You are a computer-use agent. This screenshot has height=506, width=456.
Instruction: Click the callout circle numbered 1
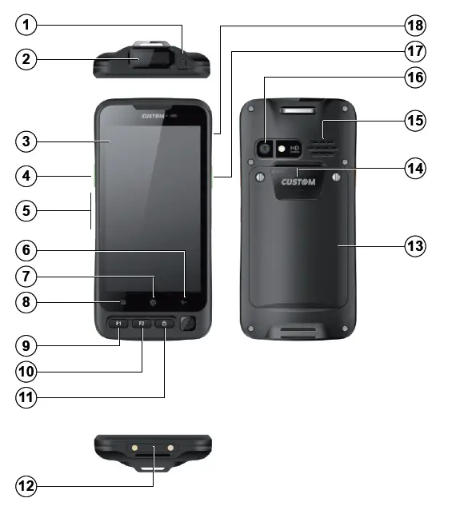(28, 25)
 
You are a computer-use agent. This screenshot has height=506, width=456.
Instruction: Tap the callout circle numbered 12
(28, 485)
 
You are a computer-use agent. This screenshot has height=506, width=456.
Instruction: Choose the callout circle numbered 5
(28, 211)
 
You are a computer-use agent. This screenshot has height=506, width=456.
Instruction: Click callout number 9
(28, 345)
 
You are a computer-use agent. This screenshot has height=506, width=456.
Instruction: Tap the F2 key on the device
(141, 324)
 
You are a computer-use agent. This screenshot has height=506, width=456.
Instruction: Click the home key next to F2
(164, 324)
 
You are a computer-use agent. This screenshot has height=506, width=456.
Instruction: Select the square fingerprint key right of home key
(188, 324)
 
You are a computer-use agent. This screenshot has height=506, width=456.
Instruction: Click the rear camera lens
(263, 148)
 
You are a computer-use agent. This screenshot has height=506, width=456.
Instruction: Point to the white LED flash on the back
(282, 149)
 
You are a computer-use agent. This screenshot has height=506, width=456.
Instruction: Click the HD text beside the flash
(294, 148)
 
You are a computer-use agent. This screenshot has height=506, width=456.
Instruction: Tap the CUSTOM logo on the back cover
(298, 182)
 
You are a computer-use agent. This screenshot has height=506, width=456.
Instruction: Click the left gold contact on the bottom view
(136, 448)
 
